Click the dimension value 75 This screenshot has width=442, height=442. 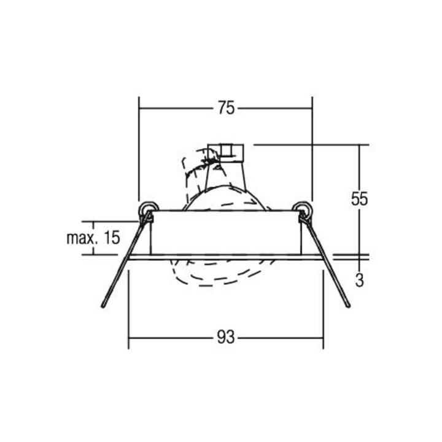226,108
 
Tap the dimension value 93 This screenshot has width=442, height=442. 226,337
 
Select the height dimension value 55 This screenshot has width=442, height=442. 359,199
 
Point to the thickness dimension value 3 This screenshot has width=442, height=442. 359,280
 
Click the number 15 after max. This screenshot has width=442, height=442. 112,238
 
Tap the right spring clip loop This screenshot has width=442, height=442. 303,209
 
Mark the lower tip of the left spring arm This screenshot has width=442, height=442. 103,306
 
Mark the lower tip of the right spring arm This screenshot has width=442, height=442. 349,306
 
